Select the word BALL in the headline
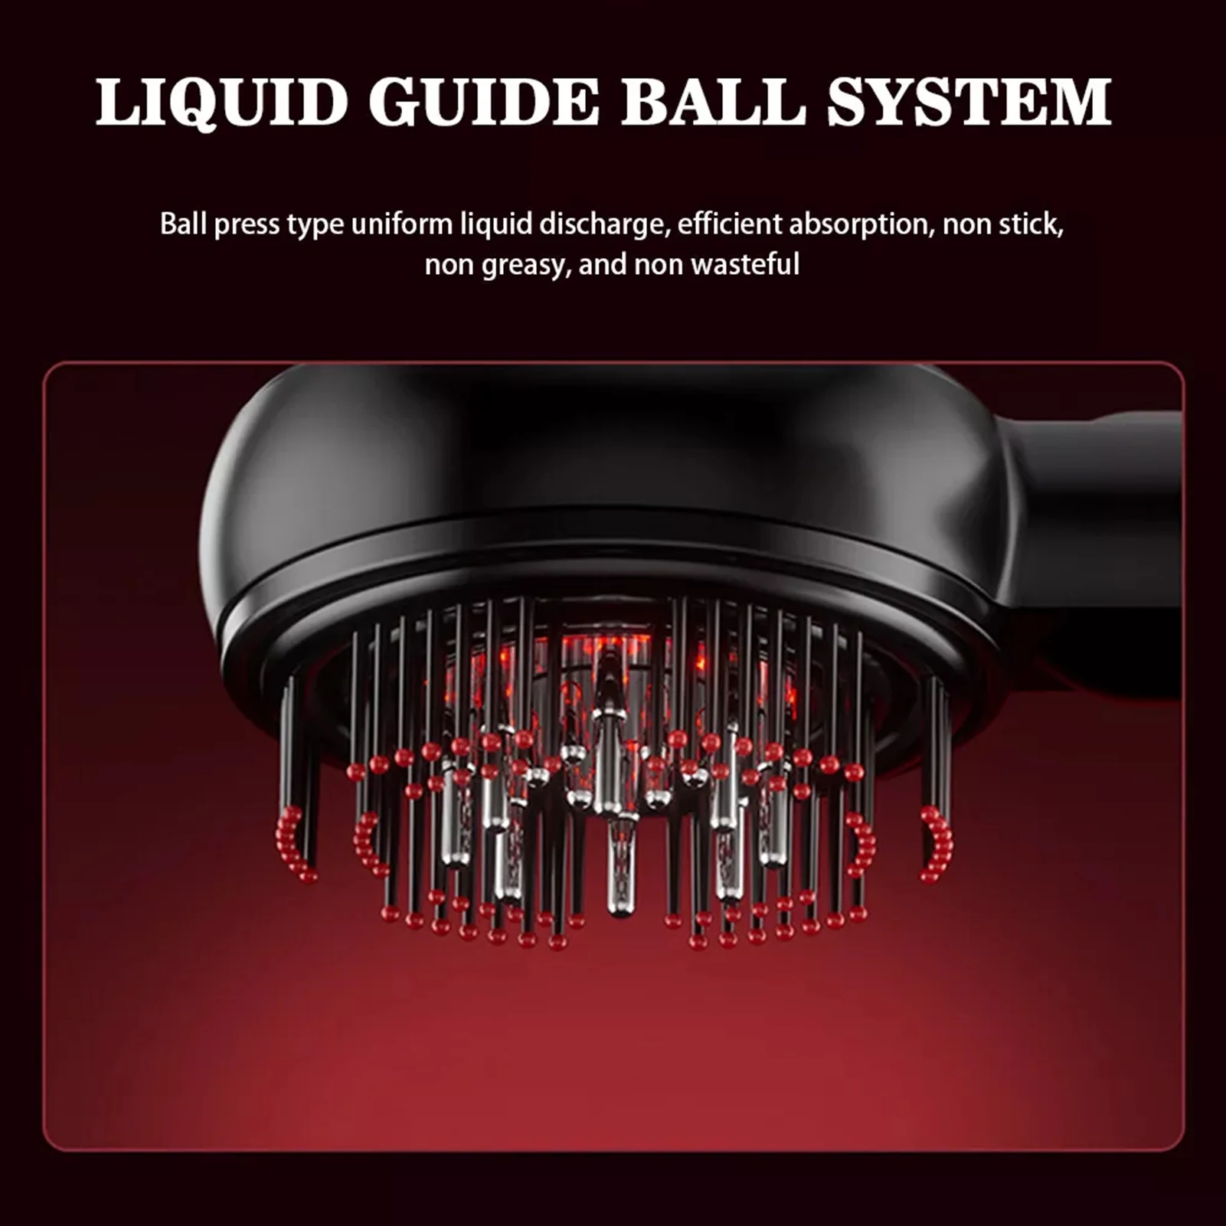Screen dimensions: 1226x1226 tap(712, 102)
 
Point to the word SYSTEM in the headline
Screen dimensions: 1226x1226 tap(969, 102)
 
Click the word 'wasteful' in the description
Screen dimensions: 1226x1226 tap(744, 264)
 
